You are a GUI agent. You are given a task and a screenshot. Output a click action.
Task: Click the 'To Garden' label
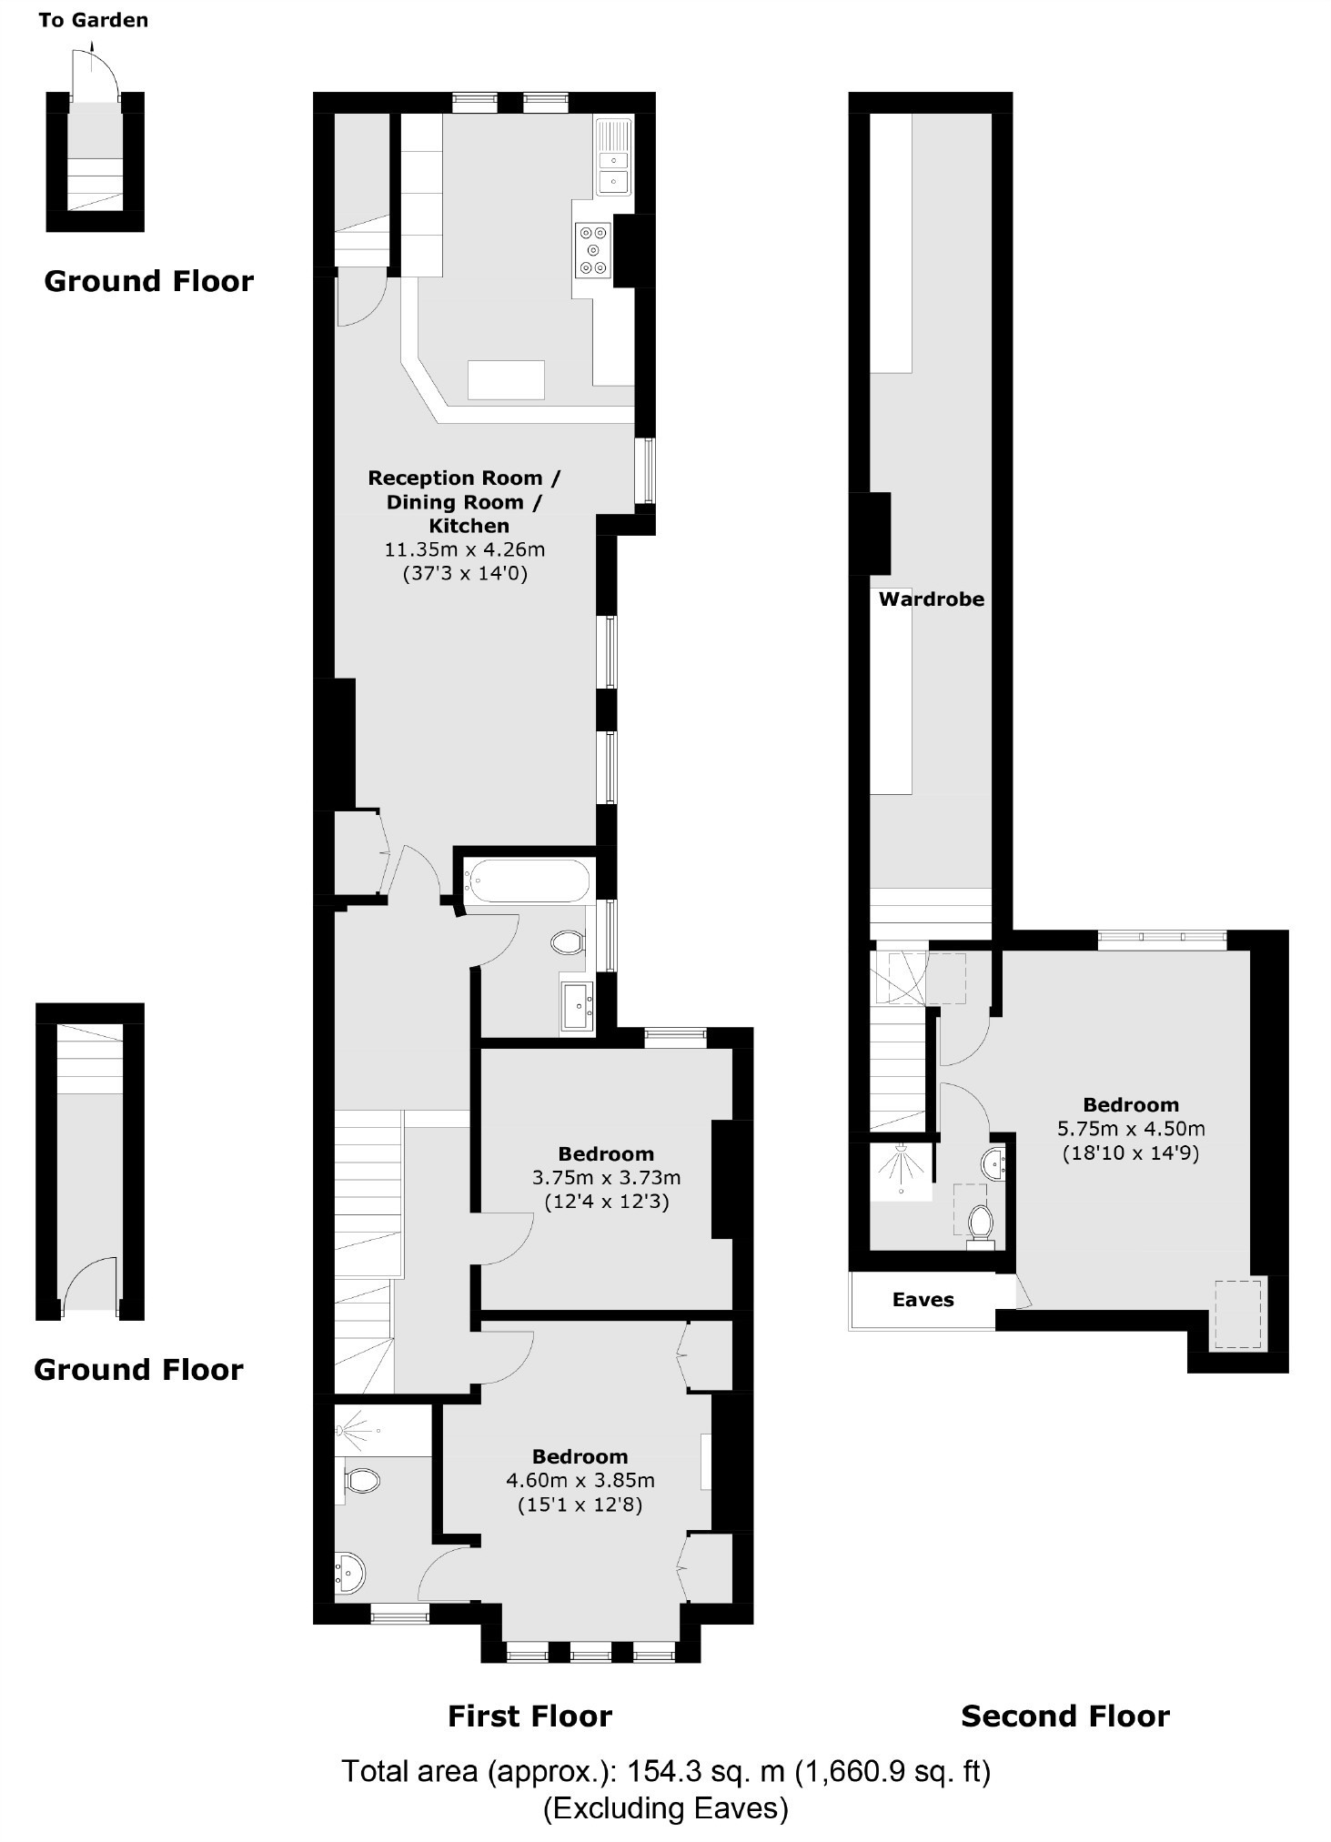tap(93, 20)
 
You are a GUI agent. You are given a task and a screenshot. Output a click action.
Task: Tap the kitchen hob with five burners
tap(593, 249)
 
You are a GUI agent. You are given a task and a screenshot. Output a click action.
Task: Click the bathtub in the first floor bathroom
tap(527, 881)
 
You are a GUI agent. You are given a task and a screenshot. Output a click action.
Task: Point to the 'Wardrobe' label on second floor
tap(931, 599)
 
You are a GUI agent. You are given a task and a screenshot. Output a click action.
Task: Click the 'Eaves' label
tap(923, 1300)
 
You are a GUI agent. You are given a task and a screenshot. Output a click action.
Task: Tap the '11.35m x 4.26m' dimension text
tap(465, 549)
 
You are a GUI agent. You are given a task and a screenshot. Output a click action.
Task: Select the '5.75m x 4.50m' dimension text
tap(1131, 1129)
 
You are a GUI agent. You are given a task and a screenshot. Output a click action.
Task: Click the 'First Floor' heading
tap(529, 1716)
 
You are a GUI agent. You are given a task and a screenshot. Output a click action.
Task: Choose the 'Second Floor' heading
tap(1064, 1716)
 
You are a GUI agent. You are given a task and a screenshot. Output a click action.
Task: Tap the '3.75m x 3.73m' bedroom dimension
tap(606, 1177)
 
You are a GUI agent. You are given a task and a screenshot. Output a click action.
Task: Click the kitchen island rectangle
tap(506, 379)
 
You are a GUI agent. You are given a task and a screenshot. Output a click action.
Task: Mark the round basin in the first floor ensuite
tap(348, 1571)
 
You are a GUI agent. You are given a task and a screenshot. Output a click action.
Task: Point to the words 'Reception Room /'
tap(464, 478)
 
